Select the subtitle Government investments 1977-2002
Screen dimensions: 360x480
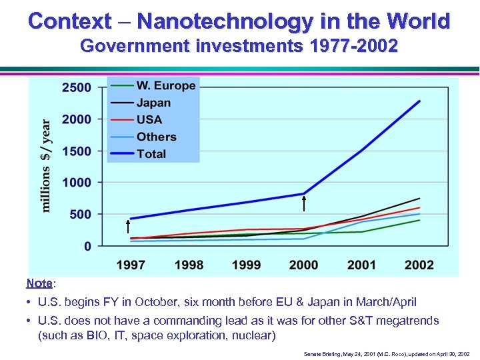tap(239, 47)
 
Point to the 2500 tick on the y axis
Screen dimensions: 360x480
tap(77, 87)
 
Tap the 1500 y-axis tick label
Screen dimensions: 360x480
tap(77, 151)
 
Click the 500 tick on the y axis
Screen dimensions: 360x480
tap(80, 214)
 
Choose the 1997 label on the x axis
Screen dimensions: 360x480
tap(131, 265)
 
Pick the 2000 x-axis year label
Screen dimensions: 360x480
tap(304, 265)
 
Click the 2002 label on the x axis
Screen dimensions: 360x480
tap(419, 265)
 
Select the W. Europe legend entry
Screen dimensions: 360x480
tap(165, 85)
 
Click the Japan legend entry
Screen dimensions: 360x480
tap(153, 103)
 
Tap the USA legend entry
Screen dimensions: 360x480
tap(149, 119)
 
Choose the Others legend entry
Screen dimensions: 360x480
tap(156, 137)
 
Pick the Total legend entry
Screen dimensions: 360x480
tap(151, 153)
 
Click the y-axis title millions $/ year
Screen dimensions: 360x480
tap(46, 165)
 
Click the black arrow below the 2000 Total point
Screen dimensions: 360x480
tap(304, 203)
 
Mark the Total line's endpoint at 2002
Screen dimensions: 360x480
tap(419, 101)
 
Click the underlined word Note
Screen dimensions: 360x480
tap(39, 283)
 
